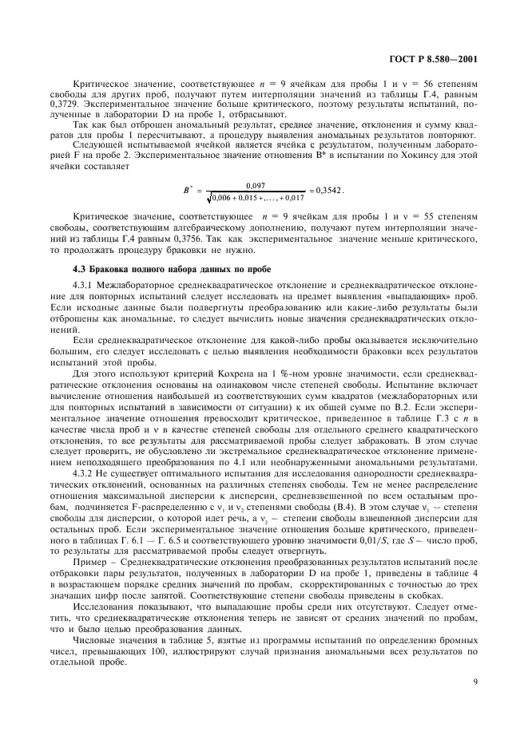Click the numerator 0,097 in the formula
coord(256,184)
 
